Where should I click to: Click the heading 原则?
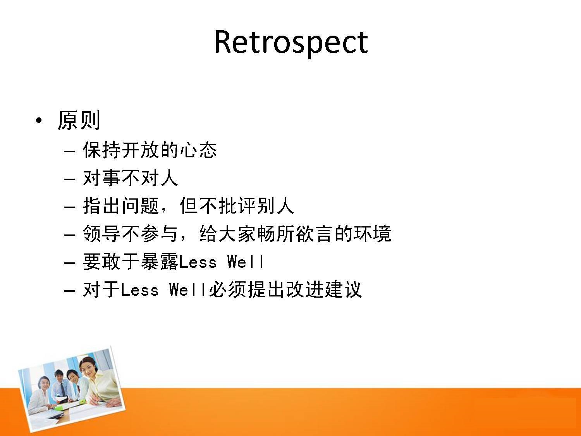point(79,120)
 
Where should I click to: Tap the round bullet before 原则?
point(39,121)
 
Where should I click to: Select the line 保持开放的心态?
point(150,150)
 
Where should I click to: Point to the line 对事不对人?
point(130,178)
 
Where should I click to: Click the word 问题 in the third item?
point(140,206)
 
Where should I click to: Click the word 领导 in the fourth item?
point(101,234)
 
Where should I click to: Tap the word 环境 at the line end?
point(373,234)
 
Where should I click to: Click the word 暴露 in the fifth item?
point(160,262)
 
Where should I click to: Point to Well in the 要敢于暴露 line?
point(245,262)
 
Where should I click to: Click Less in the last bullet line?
point(140,290)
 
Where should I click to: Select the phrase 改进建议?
point(324,290)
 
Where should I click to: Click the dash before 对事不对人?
point(69,179)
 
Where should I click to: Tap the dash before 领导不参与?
point(69,235)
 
